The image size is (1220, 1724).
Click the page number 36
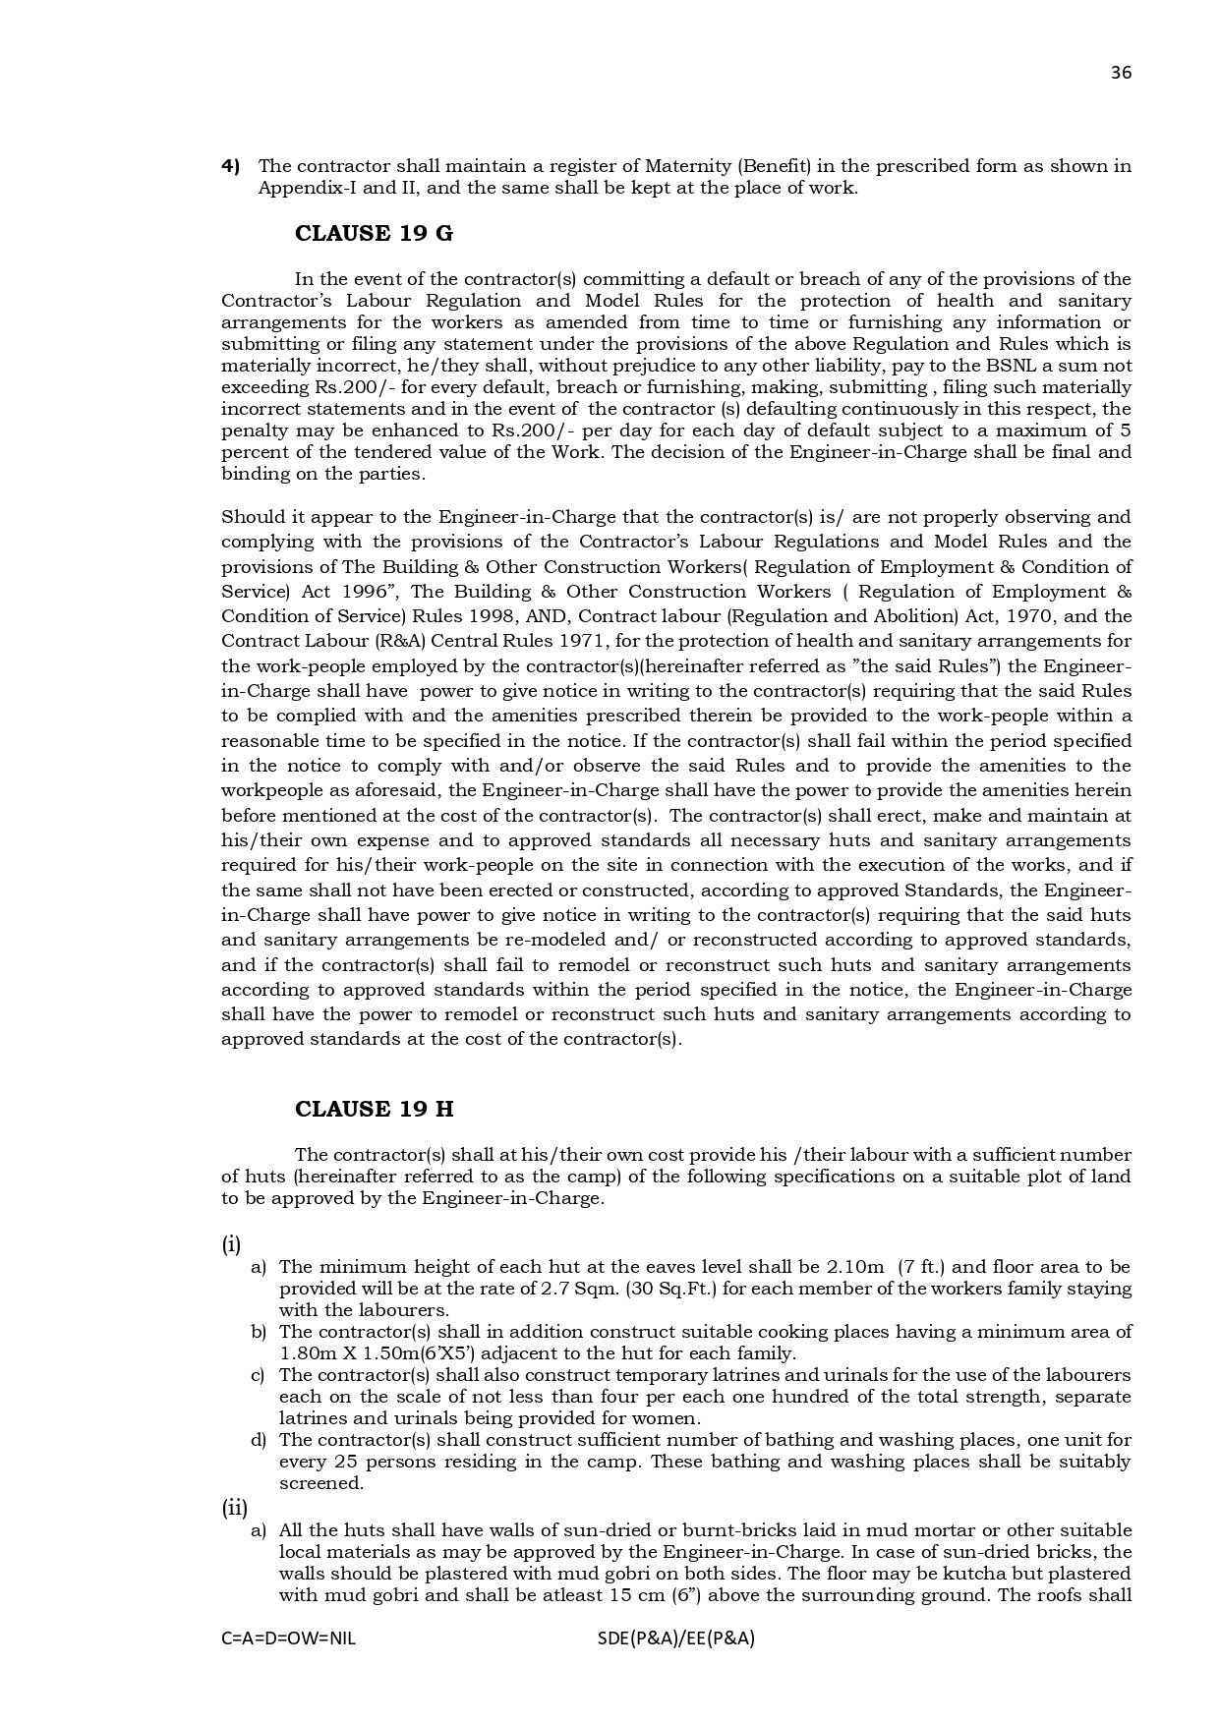[x=1121, y=73]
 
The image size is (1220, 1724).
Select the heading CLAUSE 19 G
[x=374, y=234]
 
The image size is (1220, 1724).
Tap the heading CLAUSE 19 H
[x=374, y=1109]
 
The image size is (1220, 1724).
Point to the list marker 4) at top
[x=231, y=166]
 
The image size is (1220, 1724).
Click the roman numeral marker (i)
[x=231, y=1244]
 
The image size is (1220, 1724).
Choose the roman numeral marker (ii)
[x=234, y=1508]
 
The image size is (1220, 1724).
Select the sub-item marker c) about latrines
[x=259, y=1375]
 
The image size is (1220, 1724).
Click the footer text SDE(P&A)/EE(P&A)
[x=675, y=1638]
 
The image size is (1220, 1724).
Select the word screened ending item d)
[x=320, y=1483]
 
